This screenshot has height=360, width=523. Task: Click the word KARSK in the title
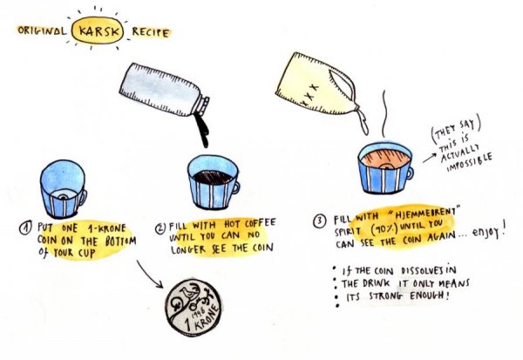tap(98, 31)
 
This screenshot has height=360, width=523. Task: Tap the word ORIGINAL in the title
tap(42, 31)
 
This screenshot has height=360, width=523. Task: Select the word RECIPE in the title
tap(151, 32)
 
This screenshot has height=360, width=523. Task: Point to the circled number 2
tap(160, 228)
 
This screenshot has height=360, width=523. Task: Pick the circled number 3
tap(320, 221)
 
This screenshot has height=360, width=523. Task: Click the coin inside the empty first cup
tap(63, 194)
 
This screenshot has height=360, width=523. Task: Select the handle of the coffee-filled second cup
tap(235, 188)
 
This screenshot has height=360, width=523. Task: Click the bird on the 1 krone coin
tap(185, 292)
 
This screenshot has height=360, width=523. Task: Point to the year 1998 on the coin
tap(198, 312)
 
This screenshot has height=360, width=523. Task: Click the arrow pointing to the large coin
tap(149, 273)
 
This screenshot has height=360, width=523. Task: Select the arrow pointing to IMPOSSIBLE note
tap(429, 158)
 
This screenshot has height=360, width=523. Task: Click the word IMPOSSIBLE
tap(470, 162)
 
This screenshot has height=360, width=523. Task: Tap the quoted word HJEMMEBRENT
tap(424, 213)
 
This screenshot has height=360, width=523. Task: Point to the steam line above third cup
tap(384, 113)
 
